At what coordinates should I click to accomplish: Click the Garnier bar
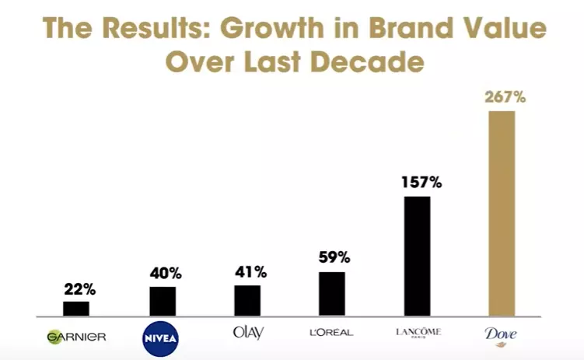pos(76,309)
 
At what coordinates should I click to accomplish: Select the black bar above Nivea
pos(163,302)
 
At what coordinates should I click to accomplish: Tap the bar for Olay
pos(247,301)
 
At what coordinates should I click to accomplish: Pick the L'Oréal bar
pos(332,294)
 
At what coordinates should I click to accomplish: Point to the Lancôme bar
pos(417,257)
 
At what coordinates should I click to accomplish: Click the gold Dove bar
pos(502,214)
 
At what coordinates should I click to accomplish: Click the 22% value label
pos(79,289)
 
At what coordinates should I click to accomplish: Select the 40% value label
pos(166,274)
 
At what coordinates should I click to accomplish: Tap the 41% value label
pos(250,272)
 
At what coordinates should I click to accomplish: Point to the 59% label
pos(334,257)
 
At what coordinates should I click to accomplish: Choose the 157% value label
pos(420,183)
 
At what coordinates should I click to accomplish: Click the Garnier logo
pos(76,337)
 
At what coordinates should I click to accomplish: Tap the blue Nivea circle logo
pos(162,337)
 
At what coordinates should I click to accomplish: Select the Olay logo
pos(248,333)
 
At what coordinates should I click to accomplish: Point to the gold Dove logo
pos(502,334)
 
